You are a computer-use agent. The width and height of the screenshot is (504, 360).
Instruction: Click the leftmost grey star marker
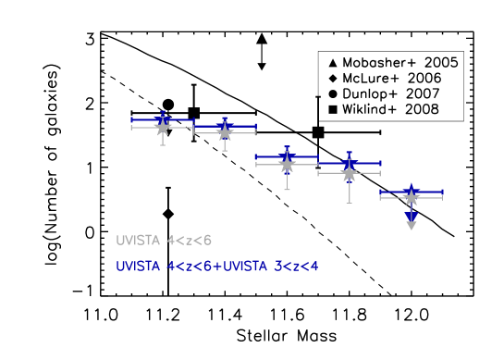point(163,127)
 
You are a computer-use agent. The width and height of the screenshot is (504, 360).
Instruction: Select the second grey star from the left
point(225,133)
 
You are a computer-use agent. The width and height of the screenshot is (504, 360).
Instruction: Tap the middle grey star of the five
point(287,164)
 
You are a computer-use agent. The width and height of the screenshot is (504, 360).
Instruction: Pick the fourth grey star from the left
point(349,173)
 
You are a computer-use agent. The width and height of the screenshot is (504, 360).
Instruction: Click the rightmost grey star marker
point(412,197)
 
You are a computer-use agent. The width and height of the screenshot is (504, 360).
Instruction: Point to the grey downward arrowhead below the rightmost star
point(412,225)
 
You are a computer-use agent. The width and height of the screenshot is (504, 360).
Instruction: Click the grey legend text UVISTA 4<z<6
point(164,241)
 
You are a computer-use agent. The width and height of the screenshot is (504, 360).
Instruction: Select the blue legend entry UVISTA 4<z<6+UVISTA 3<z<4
point(216,267)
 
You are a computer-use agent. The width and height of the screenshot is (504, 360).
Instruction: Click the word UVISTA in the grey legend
point(138,241)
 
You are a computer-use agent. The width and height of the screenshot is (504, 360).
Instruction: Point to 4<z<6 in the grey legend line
point(189,241)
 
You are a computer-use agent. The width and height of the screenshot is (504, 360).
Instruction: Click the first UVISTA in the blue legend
point(138,267)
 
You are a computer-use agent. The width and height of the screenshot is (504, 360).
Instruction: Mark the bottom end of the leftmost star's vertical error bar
point(163,145)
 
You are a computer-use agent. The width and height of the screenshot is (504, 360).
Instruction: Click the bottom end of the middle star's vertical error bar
point(287,190)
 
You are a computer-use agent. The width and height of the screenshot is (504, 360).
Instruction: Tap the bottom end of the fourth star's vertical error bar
point(349,203)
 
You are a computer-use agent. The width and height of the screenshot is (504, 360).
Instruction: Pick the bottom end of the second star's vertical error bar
point(225,151)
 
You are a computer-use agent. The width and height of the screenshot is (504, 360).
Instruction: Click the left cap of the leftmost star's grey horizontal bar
point(131,127)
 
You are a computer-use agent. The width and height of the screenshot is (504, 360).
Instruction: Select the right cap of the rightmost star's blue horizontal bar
point(442,192)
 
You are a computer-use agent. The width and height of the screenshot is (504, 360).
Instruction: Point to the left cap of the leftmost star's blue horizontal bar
point(131,119)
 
